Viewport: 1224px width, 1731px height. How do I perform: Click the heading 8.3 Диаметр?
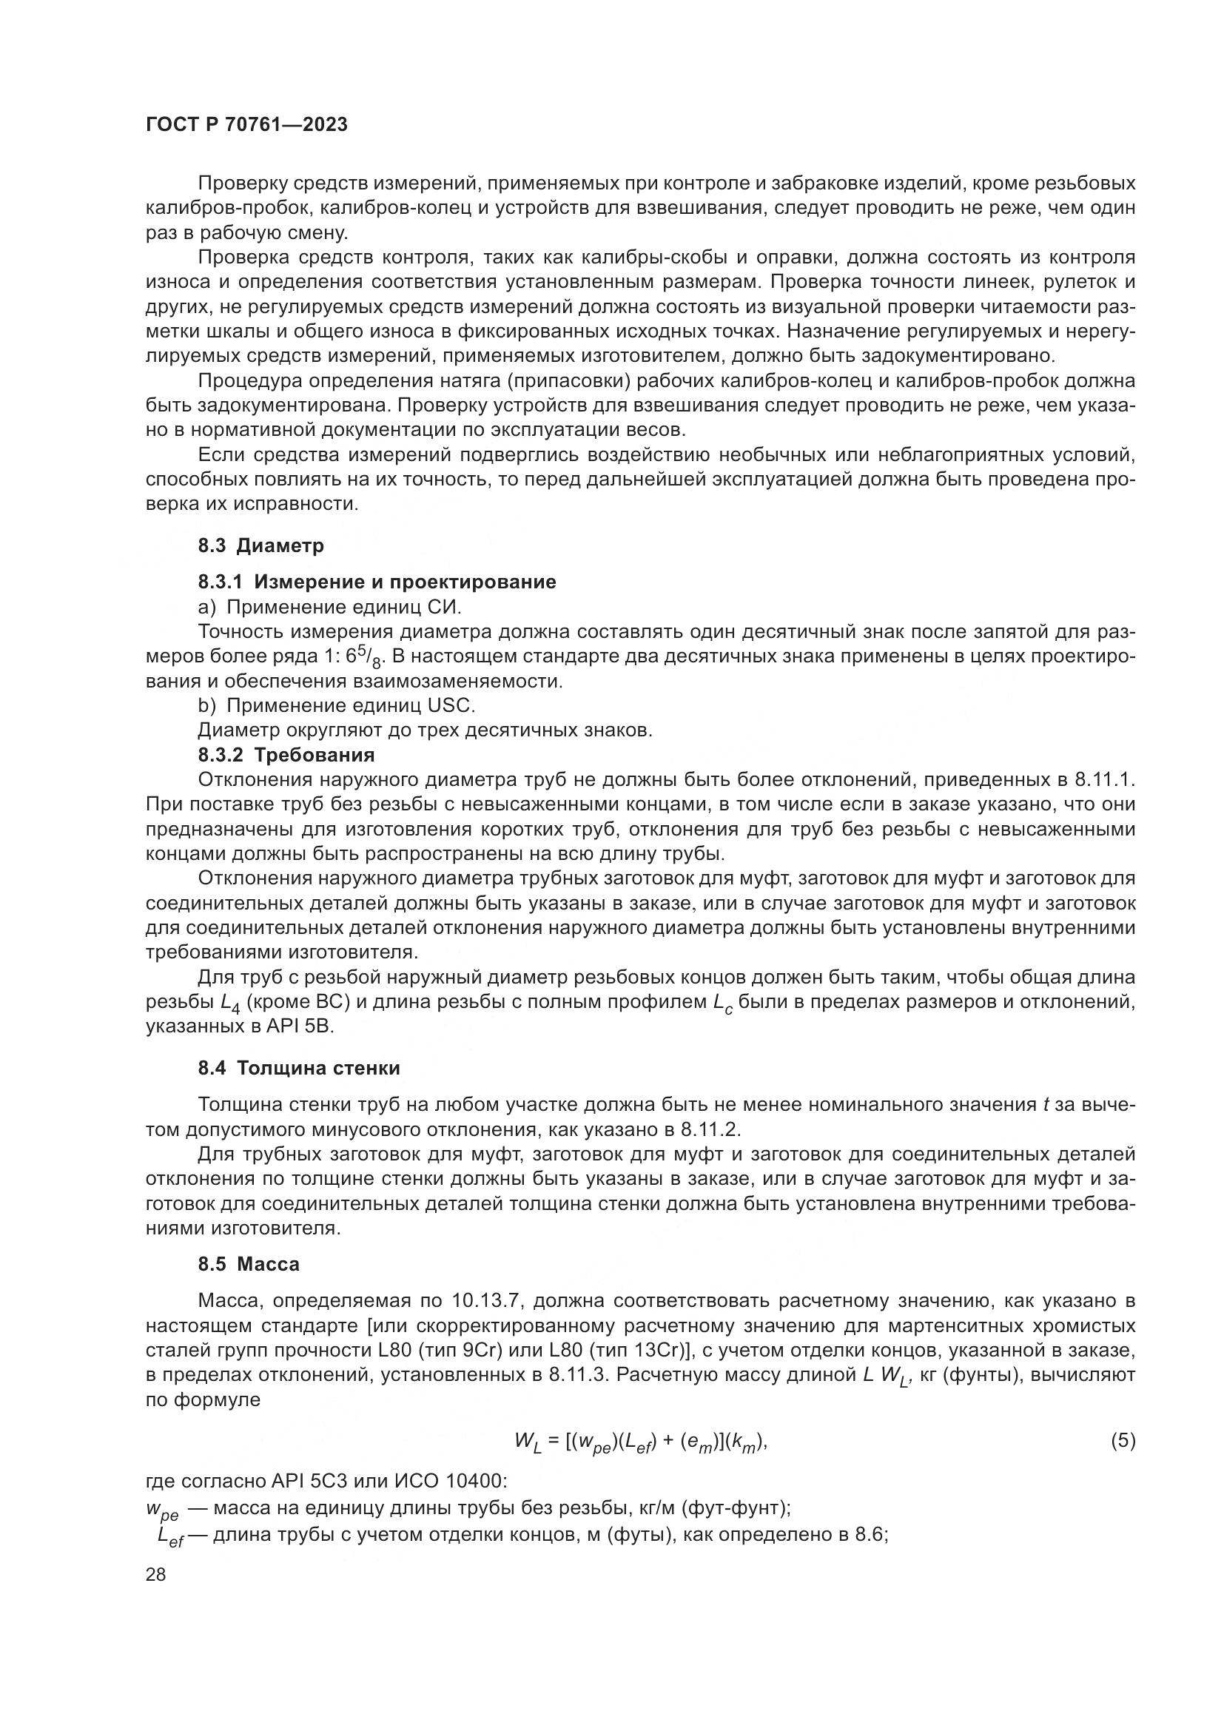(x=260, y=546)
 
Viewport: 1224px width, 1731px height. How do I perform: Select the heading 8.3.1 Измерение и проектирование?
(x=377, y=582)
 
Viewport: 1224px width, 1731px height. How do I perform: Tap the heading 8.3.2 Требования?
(x=286, y=755)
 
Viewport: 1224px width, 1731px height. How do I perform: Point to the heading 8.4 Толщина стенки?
(x=299, y=1068)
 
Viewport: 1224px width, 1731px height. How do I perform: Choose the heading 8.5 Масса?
(x=249, y=1264)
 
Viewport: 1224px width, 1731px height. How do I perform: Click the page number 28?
(x=156, y=1574)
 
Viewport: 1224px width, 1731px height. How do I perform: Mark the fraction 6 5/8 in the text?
(x=368, y=657)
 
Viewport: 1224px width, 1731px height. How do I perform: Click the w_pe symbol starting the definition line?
(x=162, y=1511)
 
